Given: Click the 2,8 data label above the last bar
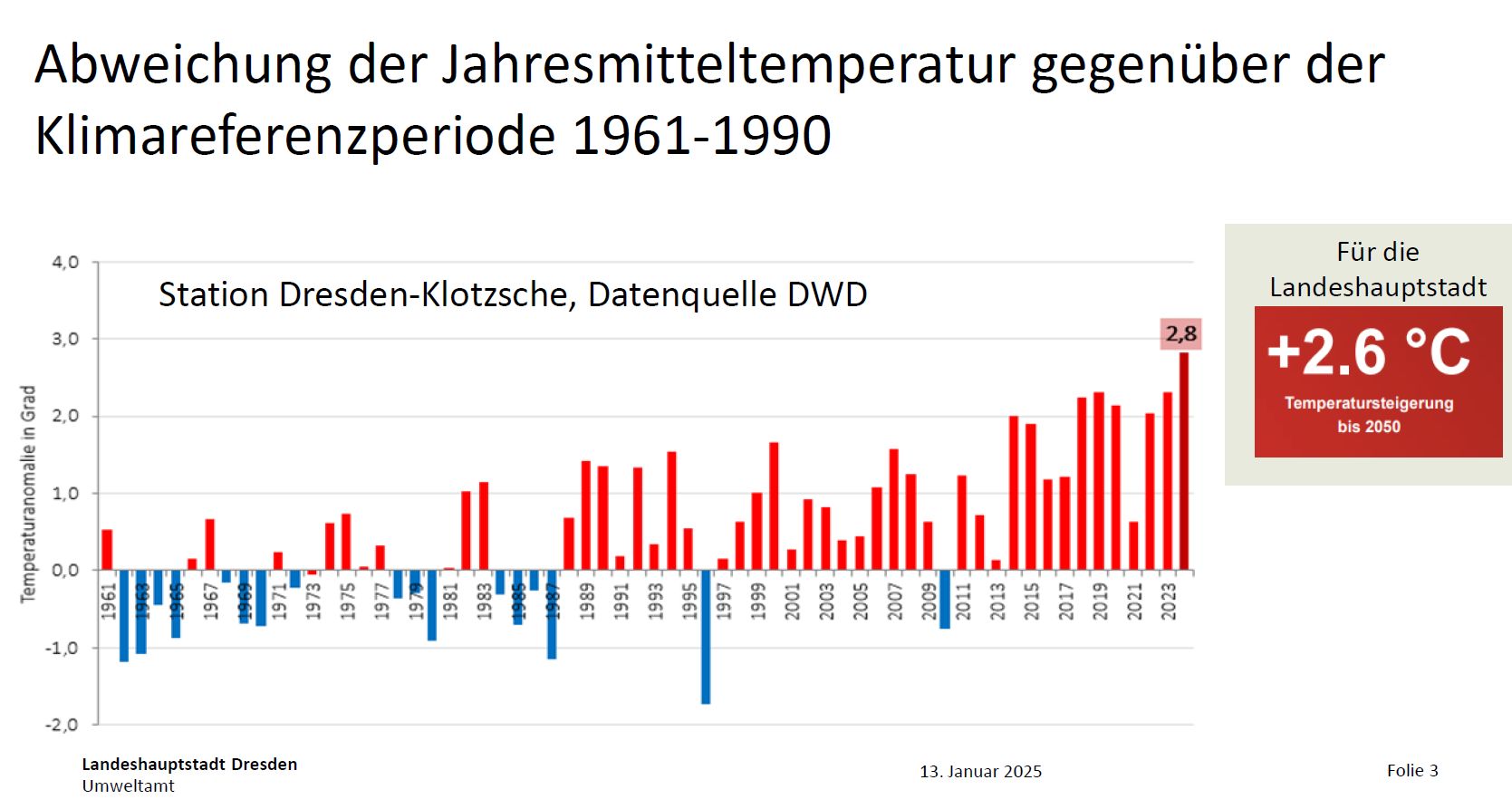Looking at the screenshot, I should [x=1180, y=334].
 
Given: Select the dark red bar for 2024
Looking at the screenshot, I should [x=1184, y=462].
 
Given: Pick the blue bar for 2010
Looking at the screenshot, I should [x=945, y=599].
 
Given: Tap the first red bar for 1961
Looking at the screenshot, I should [x=107, y=550].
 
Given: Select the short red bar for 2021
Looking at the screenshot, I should [x=1133, y=546].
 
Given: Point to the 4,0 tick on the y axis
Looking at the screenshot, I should [x=65, y=263].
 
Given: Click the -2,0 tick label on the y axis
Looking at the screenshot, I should [x=62, y=725].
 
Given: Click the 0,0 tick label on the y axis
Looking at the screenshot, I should [x=65, y=571].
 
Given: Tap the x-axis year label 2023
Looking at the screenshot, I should [x=1169, y=601].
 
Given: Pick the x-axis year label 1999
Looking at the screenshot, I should [x=758, y=601].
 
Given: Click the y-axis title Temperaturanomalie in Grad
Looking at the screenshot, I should [x=29, y=494].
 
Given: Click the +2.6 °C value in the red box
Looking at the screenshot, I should [x=1368, y=352].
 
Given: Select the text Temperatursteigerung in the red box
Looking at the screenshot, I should [x=1368, y=403].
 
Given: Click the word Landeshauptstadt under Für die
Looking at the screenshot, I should [x=1377, y=288].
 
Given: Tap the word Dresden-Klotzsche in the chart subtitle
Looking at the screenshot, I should [x=426, y=295].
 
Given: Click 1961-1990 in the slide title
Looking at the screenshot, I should [x=702, y=136].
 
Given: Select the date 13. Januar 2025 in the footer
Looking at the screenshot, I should [x=980, y=772].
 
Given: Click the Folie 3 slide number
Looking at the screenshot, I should [x=1411, y=771].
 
